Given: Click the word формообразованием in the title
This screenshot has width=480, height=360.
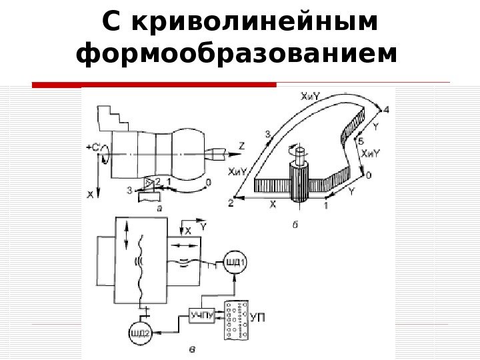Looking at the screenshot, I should click(231, 55).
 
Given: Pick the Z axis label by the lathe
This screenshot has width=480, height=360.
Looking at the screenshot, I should click(241, 145).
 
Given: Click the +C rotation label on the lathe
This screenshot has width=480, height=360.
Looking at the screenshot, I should click(91, 148).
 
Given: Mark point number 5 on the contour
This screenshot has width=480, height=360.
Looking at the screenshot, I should click(361, 141).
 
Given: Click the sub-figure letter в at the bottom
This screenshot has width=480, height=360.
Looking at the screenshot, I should click(193, 347).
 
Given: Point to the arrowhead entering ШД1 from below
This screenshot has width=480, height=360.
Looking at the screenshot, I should click(235, 275).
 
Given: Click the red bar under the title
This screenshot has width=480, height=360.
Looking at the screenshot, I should click(154, 85).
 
